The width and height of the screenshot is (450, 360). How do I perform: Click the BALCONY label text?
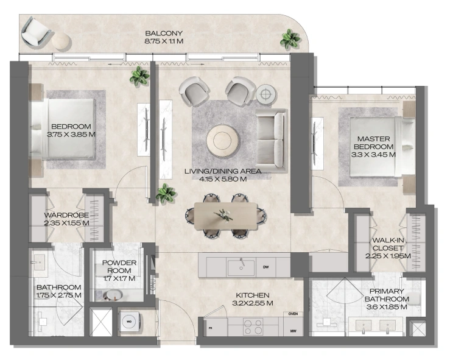(x=164, y=34)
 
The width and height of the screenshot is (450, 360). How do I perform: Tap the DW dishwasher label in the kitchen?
(x=266, y=267)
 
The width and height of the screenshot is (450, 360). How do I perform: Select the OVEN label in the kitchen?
(x=293, y=314)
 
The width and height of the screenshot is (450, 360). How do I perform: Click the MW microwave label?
(x=293, y=331)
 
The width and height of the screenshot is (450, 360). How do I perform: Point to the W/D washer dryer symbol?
(x=129, y=322)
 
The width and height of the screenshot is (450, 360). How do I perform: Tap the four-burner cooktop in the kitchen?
(x=253, y=326)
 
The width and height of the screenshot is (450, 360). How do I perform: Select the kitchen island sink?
(x=241, y=267)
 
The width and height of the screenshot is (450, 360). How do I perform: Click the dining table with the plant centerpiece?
(x=225, y=216)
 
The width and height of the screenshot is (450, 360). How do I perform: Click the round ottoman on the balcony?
(x=60, y=40)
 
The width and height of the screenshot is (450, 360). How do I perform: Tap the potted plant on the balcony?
(x=290, y=38)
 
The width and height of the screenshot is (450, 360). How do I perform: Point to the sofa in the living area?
(x=271, y=141)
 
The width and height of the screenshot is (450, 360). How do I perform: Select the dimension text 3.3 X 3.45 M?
(x=373, y=155)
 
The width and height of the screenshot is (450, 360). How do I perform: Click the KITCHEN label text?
(x=253, y=295)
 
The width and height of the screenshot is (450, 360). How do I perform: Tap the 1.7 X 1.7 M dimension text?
(x=119, y=278)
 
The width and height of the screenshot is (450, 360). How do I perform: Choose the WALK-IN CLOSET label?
(x=388, y=244)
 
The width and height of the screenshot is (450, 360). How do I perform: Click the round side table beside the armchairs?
(x=266, y=94)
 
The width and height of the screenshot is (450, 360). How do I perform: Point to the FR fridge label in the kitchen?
(x=210, y=328)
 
